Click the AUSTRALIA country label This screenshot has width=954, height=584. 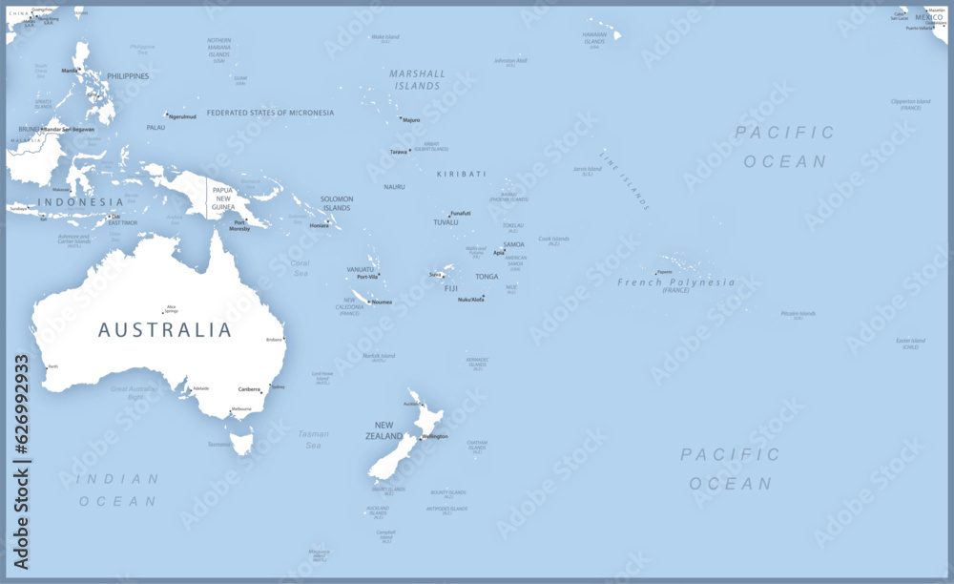point(165,330)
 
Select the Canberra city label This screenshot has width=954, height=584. point(249,389)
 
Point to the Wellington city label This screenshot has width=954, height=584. point(435,437)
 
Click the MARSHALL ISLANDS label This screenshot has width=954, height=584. point(417,79)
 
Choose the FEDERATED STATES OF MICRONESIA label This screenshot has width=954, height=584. point(270,113)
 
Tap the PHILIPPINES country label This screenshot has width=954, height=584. point(128,76)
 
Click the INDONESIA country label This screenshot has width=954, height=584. point(81,202)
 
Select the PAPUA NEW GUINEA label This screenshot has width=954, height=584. point(222,198)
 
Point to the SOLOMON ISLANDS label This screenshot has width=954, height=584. point(337,203)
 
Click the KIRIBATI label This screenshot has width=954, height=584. point(461,175)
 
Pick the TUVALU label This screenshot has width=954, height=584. point(446,222)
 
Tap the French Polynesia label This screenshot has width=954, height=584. point(676,282)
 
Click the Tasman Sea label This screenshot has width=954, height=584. point(313,439)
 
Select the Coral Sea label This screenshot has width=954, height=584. point(300,268)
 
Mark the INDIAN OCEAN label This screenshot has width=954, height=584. point(117,490)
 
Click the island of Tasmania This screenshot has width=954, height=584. point(242,441)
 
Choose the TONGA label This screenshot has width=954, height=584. point(487,277)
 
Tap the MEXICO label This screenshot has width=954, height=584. point(928,18)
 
